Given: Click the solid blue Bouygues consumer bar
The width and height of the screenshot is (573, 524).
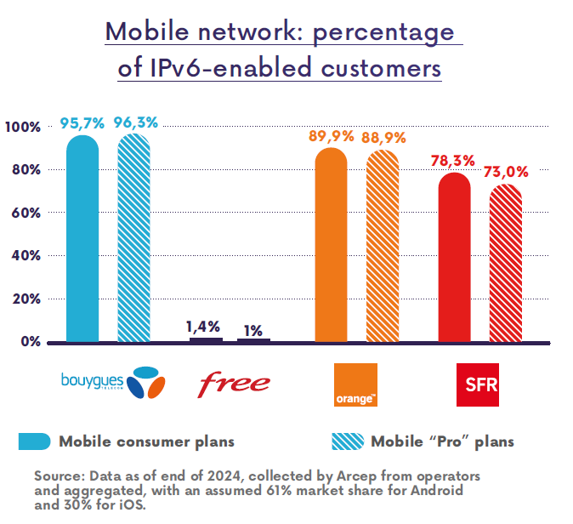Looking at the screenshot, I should click(82, 239).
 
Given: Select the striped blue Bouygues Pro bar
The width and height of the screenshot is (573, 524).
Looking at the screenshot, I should click(133, 239).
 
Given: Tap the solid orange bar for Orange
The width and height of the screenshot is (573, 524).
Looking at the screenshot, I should click(331, 246).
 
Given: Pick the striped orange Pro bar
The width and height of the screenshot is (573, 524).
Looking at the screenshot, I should click(382, 247).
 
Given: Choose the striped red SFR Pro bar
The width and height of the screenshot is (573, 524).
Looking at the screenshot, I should click(505, 264).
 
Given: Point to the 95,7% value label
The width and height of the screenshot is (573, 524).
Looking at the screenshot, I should click(82, 122).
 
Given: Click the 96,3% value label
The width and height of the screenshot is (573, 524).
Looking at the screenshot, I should click(136, 122).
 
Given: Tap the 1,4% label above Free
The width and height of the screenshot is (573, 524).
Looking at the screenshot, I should click(203, 326).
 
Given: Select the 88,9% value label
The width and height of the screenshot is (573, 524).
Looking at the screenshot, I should click(384, 137).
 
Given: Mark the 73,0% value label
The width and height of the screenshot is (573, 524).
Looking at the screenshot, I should click(506, 172).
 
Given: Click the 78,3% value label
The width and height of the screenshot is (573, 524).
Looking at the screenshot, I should click(452, 160).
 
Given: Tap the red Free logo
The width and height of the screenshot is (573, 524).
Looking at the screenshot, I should click(234, 384).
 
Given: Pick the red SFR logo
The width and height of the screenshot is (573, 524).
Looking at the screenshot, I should click(477, 384).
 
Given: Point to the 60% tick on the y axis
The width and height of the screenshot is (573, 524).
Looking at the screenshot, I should click(25, 213).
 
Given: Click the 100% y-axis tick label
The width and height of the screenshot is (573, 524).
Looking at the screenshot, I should click(22, 127).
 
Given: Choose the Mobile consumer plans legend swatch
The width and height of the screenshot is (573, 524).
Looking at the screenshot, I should click(35, 441).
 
